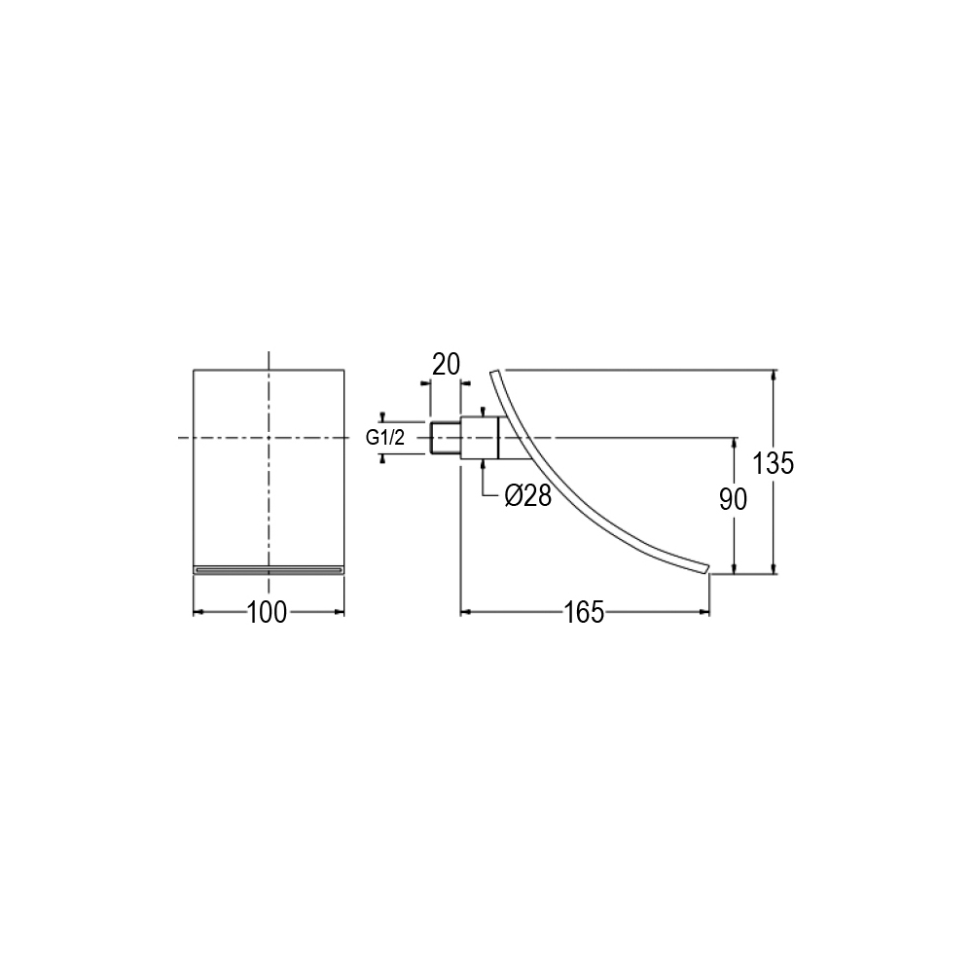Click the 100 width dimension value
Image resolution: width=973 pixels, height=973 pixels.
[268, 612]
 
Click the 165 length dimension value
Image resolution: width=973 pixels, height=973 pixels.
[584, 612]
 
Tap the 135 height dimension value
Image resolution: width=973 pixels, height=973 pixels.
[774, 463]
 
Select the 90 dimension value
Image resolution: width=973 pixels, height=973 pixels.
[734, 499]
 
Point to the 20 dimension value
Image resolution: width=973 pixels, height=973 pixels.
[447, 364]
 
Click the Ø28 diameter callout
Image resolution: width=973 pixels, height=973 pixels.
[528, 495]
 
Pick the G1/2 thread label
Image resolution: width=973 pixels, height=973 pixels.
[384, 438]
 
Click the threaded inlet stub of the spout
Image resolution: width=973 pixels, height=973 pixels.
[445, 438]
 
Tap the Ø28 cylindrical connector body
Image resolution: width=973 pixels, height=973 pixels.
[479, 438]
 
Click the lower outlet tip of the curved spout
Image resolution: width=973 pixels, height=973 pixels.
[707, 569]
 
